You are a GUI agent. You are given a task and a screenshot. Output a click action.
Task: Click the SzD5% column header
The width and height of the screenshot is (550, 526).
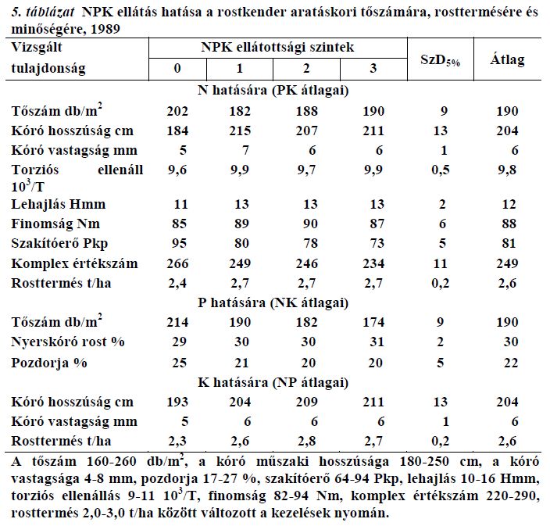pos(440,60)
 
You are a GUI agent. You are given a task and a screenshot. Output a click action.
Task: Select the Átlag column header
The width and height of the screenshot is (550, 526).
pos(507,59)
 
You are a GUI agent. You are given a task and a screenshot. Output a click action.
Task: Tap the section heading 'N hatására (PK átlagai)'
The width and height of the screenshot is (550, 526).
pos(273,91)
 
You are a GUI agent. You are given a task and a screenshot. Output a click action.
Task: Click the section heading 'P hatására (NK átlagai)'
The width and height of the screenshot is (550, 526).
pos(273,302)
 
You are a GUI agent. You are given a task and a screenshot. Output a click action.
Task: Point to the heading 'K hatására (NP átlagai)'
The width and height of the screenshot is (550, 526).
pos(273,382)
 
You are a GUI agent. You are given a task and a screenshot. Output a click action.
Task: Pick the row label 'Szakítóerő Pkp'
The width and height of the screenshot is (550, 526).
pos(59,244)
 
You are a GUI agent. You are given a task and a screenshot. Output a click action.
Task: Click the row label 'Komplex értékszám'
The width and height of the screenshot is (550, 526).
pos(74,263)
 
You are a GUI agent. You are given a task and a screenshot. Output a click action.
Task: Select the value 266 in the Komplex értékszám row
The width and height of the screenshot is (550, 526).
pos(177,263)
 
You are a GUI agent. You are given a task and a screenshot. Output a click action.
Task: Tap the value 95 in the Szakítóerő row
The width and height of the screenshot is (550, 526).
pos(179,243)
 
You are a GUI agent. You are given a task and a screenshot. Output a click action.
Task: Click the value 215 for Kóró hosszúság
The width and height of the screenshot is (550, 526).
pos(241,131)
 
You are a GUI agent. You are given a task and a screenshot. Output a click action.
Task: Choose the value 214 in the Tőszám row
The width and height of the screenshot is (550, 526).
pos(177,322)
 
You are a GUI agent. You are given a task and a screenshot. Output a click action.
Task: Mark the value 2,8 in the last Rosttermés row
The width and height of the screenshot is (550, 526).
pos(307,441)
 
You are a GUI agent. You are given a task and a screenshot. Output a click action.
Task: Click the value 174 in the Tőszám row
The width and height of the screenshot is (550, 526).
pos(373,322)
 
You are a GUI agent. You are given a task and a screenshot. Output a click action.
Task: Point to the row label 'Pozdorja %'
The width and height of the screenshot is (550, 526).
pos(49,363)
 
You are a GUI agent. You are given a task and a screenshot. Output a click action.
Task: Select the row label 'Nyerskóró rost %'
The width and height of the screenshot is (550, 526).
pos(68,342)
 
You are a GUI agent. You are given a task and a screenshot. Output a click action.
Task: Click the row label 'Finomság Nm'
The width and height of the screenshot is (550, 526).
pos(55,224)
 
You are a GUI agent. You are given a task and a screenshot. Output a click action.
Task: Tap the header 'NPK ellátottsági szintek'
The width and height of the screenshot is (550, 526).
pos(277,48)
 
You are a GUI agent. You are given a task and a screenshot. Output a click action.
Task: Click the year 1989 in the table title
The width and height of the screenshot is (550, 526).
pos(105,29)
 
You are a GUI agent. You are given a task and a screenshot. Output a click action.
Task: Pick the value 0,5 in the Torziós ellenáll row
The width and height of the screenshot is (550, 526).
pos(441,170)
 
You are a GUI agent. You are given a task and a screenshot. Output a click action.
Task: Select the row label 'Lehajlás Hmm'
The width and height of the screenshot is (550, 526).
pos(59,204)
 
